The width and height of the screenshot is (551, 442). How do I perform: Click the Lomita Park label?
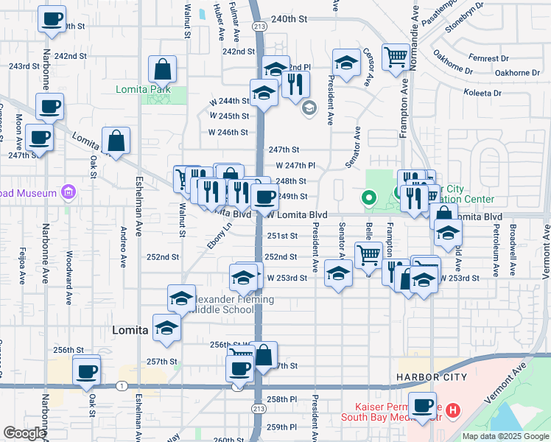(x=143, y=90)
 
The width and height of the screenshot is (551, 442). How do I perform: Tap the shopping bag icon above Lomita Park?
(x=162, y=71)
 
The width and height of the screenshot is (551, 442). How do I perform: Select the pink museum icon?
(x=69, y=193)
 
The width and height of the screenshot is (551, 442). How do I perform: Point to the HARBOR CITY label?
(x=431, y=377)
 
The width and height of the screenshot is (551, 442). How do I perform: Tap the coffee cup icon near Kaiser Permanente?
(x=423, y=406)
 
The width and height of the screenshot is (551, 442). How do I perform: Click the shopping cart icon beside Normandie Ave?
(x=396, y=56)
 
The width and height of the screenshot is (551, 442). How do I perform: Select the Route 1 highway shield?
(x=120, y=385)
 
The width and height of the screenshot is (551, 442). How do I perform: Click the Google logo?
(x=24, y=433)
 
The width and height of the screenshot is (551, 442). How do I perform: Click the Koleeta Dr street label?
(x=482, y=94)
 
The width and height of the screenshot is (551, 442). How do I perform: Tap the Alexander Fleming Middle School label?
(x=232, y=305)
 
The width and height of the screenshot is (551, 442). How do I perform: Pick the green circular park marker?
(x=368, y=197)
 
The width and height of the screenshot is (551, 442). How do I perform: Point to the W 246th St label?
(x=228, y=132)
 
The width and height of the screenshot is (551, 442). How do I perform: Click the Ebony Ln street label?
(x=214, y=236)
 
